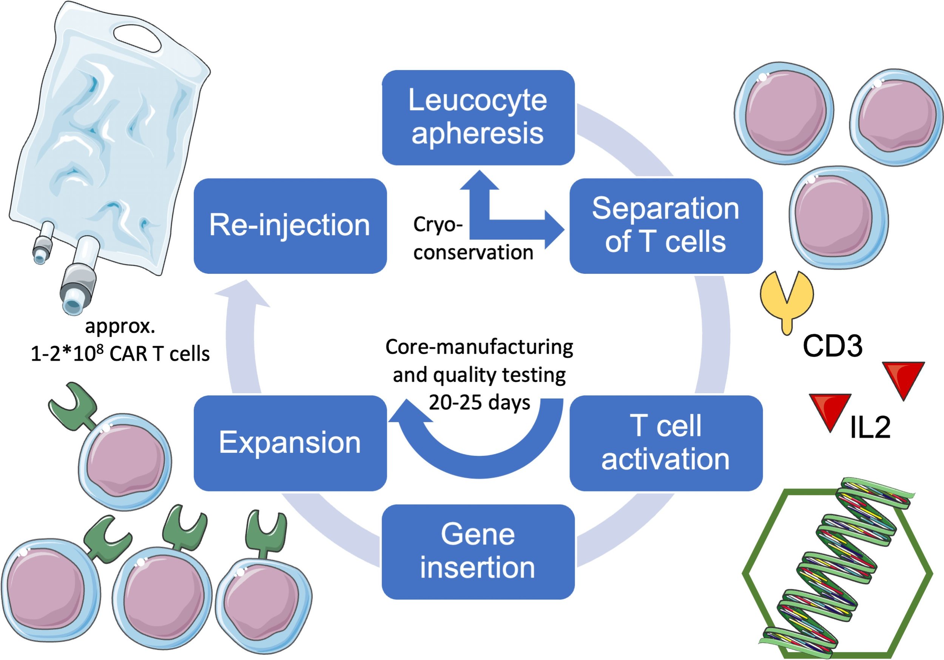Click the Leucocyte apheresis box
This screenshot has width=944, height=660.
(x=478, y=117)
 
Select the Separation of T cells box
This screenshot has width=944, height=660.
(x=665, y=226)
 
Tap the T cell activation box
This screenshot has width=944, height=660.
(x=665, y=443)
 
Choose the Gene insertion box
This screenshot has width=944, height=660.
(x=478, y=552)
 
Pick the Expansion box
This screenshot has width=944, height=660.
(x=290, y=443)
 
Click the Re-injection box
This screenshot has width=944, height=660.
(x=290, y=226)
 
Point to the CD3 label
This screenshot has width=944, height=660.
(x=832, y=345)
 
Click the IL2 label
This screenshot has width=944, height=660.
(x=870, y=427)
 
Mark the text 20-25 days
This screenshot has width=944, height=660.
(x=480, y=403)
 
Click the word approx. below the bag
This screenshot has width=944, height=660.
(x=120, y=326)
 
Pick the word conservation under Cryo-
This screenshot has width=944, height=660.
(x=473, y=253)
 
